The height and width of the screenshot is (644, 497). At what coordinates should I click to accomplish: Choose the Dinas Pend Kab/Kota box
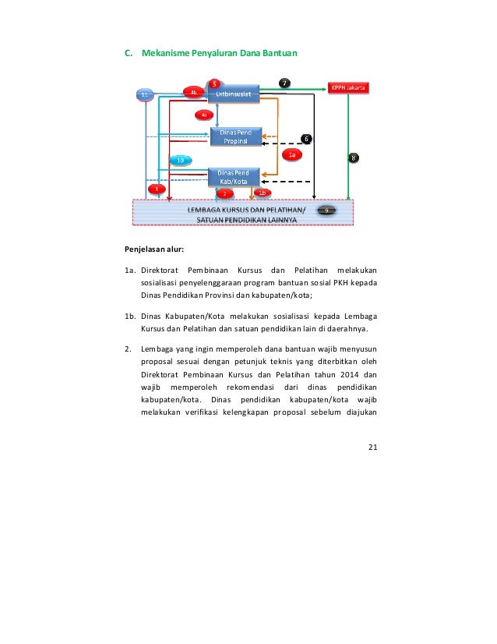[234, 175]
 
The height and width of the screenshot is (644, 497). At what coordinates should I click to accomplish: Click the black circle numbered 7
[285, 83]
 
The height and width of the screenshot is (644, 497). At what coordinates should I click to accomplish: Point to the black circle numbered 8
[354, 157]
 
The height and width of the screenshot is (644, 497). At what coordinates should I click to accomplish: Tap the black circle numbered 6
[307, 139]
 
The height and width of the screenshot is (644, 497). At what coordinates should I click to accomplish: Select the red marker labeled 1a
[292, 155]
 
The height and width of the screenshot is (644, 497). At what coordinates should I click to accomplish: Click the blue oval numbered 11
[143, 94]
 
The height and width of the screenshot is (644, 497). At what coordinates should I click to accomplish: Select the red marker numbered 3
[156, 189]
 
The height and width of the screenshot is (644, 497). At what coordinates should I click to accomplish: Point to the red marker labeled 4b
[194, 93]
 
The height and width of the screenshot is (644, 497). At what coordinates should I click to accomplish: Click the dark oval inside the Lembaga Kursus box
[327, 211]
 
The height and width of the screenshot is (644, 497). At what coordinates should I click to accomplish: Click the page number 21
[372, 446]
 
